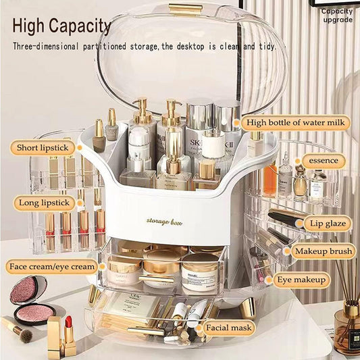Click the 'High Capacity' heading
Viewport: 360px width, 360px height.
click(x=61, y=26)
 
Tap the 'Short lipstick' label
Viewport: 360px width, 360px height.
click(x=42, y=148)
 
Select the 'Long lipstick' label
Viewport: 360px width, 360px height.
click(x=41, y=202)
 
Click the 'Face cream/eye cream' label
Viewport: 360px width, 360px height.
click(x=52, y=266)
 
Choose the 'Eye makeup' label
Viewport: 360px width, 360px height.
click(x=301, y=280)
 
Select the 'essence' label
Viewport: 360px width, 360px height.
click(x=323, y=161)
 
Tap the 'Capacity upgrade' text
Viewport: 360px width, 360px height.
click(x=336, y=15)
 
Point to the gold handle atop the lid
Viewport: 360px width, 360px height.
click(x=186, y=8)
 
